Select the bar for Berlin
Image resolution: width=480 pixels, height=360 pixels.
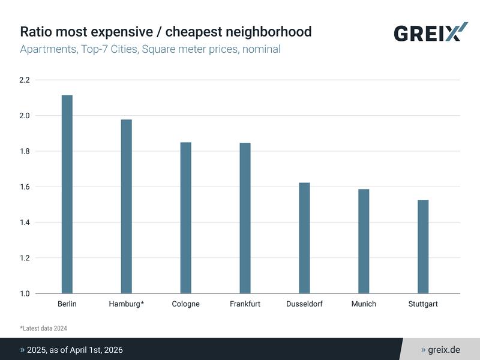tap(67, 194)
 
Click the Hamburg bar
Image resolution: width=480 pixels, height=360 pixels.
tap(127, 206)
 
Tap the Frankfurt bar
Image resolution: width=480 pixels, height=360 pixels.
tap(245, 218)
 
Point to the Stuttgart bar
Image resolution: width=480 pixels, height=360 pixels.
tap(423, 247)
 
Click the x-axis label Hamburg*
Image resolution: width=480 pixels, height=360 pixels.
tap(127, 304)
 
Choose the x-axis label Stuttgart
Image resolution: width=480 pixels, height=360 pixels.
tap(423, 304)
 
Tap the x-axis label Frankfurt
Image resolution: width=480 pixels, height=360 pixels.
tap(245, 304)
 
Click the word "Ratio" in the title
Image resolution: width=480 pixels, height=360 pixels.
tap(35, 31)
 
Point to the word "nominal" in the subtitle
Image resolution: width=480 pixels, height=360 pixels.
tap(259, 49)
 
